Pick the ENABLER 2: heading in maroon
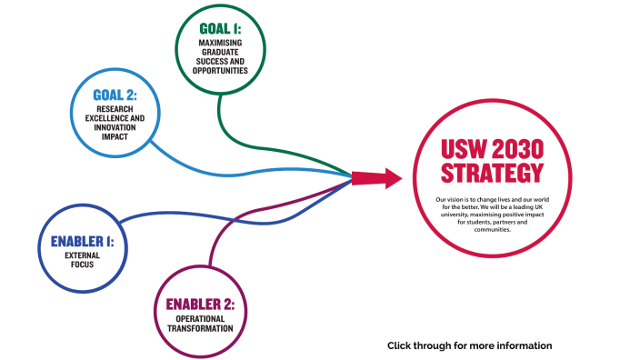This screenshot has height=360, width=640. (x=206, y=304)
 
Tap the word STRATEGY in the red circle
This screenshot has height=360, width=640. (x=492, y=173)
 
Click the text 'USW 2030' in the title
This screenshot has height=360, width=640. (x=492, y=147)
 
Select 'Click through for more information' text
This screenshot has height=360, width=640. (x=469, y=345)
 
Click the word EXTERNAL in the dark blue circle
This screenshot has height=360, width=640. (x=84, y=256)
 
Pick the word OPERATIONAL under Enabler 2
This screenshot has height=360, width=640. (x=206, y=318)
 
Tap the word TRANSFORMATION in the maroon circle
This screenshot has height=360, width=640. (x=206, y=328)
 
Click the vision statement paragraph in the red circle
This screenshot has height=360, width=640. (x=492, y=215)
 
